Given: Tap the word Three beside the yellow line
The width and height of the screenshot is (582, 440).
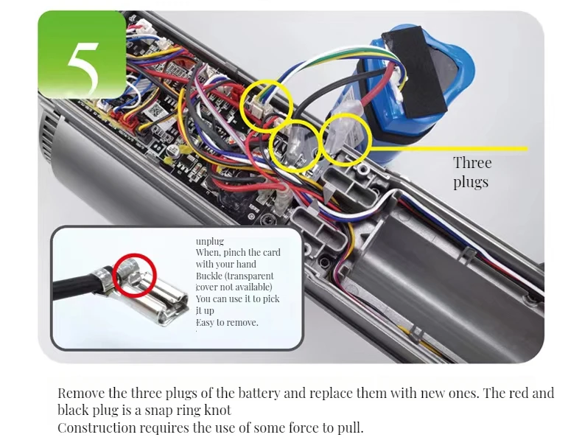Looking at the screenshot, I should tap(472, 163).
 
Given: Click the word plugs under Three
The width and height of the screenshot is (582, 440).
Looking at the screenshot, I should tap(471, 181).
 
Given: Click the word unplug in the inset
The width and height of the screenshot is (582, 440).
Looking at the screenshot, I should tap(209, 241).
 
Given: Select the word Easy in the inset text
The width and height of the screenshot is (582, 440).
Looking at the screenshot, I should tap(207, 322).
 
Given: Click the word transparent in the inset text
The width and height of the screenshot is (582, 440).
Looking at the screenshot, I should tap(256, 275).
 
